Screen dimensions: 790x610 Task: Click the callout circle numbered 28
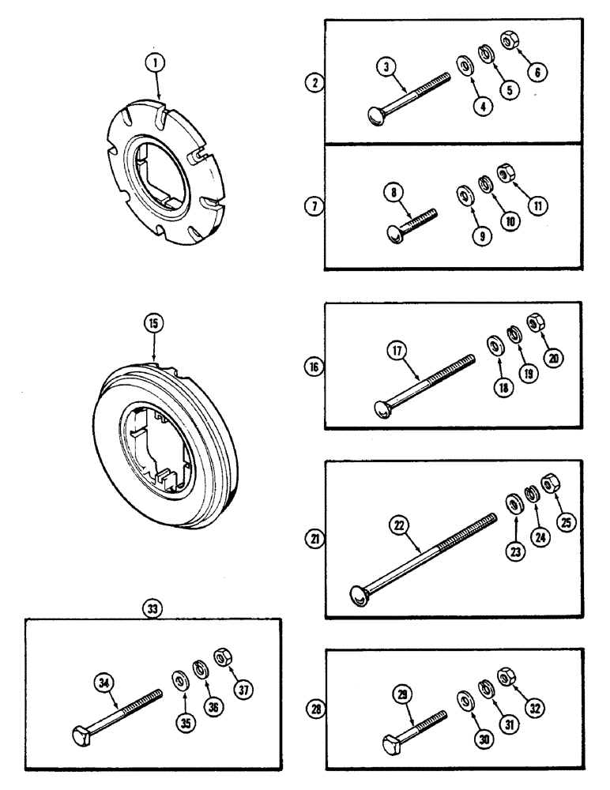316,709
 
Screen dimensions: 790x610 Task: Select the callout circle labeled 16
314,367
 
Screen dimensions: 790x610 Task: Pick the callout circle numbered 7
314,207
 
